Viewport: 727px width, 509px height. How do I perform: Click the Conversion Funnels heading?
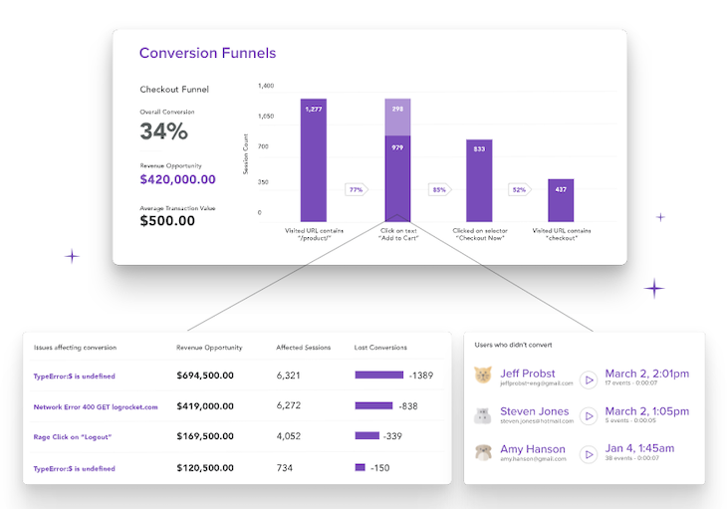click(207, 53)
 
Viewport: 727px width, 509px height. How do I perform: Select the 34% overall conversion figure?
click(162, 131)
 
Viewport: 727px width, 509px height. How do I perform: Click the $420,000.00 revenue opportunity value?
click(177, 179)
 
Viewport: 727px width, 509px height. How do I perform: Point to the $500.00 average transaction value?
click(167, 221)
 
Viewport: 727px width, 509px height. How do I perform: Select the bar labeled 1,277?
click(313, 159)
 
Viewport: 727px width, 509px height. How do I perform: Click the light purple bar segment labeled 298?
click(397, 117)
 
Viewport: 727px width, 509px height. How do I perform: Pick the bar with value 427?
click(561, 200)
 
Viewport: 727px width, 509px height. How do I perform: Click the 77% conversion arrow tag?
click(356, 189)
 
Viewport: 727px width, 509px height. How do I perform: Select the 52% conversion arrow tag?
click(519, 189)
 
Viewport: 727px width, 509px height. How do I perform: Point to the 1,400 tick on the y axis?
click(266, 87)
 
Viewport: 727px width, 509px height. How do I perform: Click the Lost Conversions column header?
click(380, 348)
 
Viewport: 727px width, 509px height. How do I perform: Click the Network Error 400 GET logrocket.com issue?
click(96, 406)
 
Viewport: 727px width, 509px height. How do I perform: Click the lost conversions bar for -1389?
click(378, 376)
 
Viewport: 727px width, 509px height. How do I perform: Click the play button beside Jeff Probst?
click(589, 380)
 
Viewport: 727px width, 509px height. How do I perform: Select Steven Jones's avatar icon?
click(483, 415)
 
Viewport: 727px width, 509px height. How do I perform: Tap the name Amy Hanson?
click(533, 449)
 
